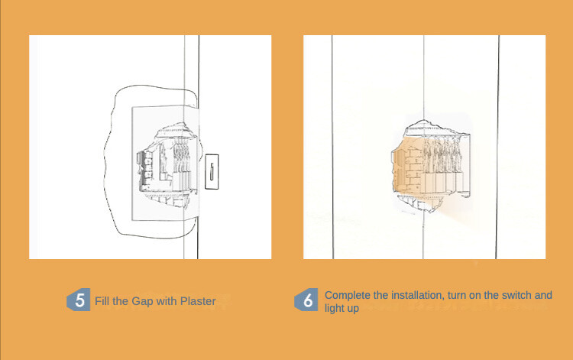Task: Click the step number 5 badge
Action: (x=79, y=300)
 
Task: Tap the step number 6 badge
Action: (x=306, y=300)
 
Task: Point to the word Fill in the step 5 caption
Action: (x=102, y=301)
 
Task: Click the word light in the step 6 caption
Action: (x=334, y=308)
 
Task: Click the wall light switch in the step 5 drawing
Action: (x=212, y=171)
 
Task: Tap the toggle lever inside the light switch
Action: (x=212, y=171)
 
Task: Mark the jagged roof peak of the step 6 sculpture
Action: (x=424, y=121)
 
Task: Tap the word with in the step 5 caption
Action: (x=167, y=301)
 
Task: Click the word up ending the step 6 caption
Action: (x=353, y=309)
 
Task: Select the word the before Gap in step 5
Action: (x=121, y=301)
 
